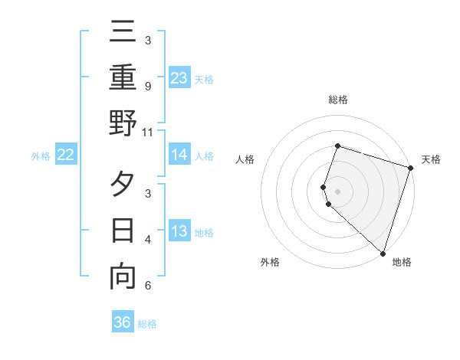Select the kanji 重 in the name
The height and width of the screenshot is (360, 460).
point(123,79)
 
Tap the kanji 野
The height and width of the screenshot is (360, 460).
point(123,123)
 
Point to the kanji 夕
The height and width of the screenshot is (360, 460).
point(123,185)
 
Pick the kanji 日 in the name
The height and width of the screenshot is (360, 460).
point(123,231)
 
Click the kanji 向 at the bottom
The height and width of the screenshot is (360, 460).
point(123,276)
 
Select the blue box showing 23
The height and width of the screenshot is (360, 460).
point(179,77)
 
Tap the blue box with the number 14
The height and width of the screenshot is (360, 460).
point(179,155)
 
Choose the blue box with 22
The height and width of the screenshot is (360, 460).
point(65,155)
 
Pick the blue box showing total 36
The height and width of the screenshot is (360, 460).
point(123,322)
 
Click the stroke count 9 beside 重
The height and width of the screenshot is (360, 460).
point(148,87)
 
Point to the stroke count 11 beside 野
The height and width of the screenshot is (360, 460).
point(148,132)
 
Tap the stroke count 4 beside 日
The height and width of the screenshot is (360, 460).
point(148,240)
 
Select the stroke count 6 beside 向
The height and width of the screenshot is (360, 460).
point(148,286)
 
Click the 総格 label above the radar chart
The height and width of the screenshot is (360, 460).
point(337,100)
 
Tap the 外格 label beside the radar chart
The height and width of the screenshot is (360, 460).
point(270,262)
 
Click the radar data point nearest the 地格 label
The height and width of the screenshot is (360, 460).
point(383,253)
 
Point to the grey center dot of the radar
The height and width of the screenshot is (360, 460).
point(337,191)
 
